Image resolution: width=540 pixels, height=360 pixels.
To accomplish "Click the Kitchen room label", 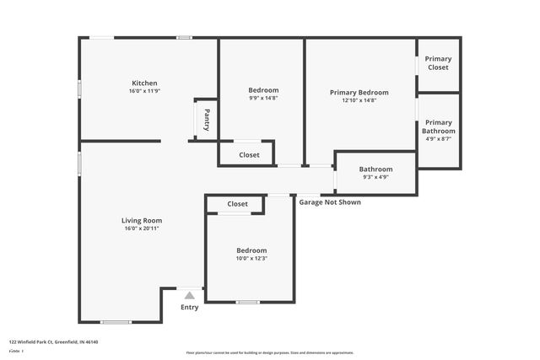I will [143, 83].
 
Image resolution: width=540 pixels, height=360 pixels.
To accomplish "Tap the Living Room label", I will [141, 220].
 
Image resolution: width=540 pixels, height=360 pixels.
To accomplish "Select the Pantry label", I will [207, 120].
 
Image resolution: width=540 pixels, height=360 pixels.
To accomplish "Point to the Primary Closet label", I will [438, 63].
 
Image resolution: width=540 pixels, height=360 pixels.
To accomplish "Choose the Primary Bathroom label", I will [438, 126].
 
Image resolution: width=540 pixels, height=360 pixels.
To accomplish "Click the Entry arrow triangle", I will [190, 295].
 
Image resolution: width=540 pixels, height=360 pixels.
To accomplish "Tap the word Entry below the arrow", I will [190, 307].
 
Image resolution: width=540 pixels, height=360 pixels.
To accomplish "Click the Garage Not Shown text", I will [330, 201].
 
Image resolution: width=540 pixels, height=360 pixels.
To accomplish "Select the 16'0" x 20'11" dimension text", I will [141, 228].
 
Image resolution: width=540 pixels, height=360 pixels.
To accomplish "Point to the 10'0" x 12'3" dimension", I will [251, 259].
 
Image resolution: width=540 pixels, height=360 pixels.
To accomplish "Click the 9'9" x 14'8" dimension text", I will [263, 99].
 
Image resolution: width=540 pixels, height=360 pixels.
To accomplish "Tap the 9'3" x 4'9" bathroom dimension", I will [375, 177].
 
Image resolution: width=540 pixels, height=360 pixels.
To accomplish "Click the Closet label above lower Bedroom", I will [238, 204].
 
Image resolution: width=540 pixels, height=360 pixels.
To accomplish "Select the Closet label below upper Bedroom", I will [250, 155].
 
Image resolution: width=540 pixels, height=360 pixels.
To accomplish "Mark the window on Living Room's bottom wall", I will [116, 322].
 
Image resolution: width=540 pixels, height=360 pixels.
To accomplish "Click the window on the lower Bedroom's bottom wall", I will [247, 302].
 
